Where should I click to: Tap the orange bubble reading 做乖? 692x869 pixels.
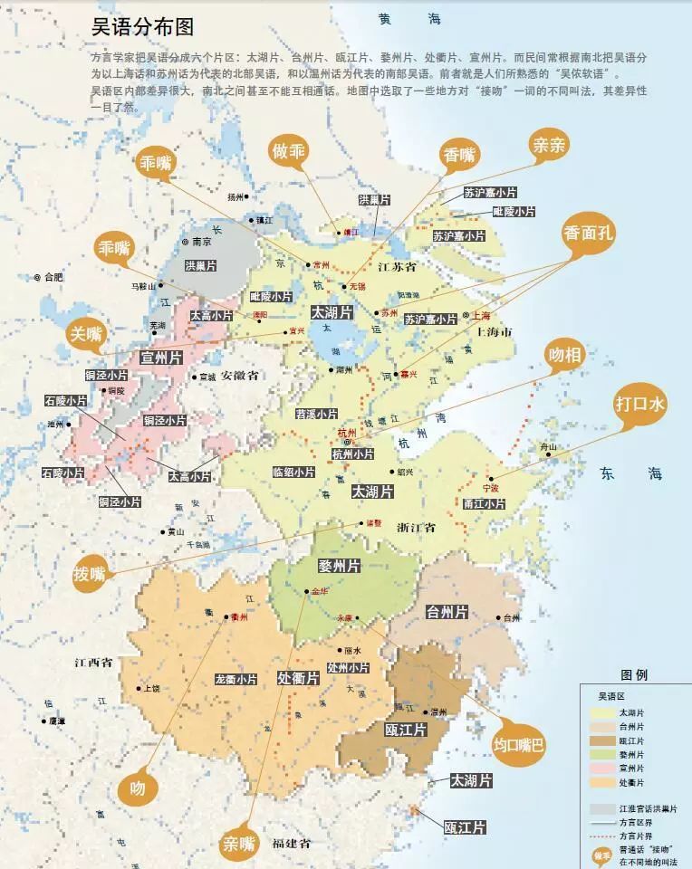coord(289,151)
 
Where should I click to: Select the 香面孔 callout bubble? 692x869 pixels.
coord(588,233)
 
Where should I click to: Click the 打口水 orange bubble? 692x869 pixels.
coord(639,404)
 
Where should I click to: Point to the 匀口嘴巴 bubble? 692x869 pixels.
coord(519,745)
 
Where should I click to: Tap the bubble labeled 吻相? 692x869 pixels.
coord(564,356)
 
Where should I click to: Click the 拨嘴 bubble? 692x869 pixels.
coord(91,573)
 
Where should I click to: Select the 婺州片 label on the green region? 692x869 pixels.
coord(339,566)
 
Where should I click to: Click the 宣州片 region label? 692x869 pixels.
coord(164,358)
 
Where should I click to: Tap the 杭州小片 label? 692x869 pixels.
coord(352,454)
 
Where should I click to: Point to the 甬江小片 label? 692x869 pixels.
coord(484,504)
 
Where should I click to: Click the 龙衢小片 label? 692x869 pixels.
coord(236,678)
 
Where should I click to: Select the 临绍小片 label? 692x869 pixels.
coord(293,472)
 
